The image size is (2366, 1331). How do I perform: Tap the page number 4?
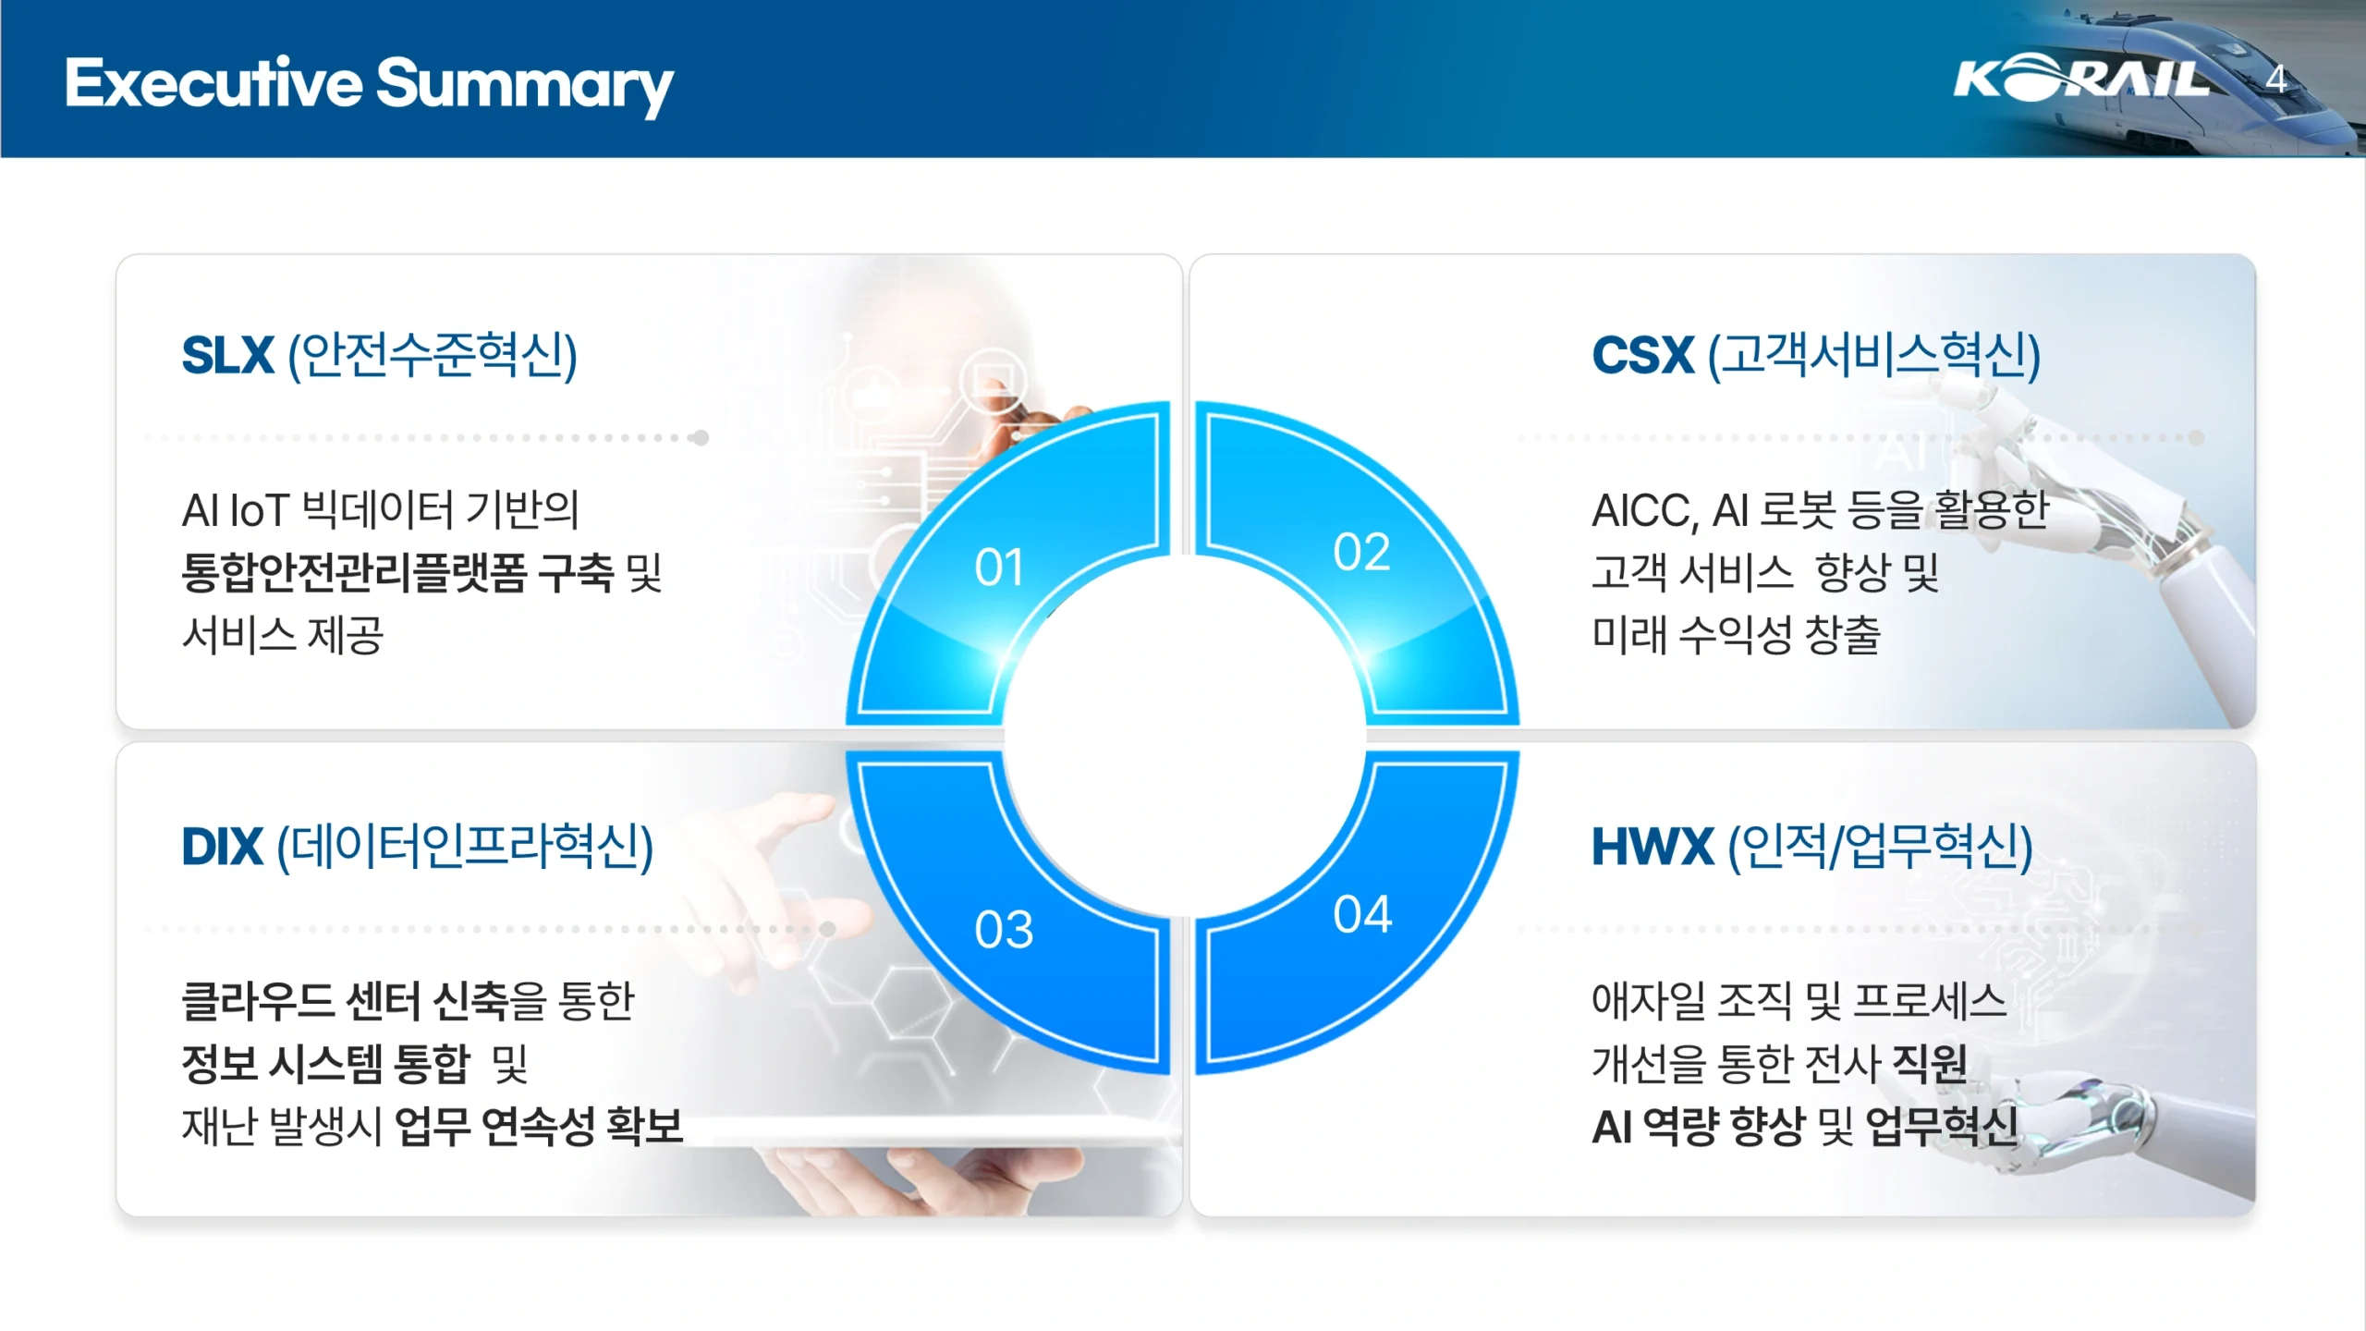[x=2275, y=79]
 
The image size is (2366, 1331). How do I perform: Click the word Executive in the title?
[x=213, y=83]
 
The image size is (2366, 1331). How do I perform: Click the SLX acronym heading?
[x=227, y=355]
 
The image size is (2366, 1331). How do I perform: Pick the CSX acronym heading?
[x=1642, y=355]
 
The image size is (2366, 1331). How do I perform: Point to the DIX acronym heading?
[x=222, y=847]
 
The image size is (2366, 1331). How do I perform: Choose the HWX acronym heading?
[x=1653, y=847]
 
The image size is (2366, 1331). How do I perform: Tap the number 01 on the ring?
[x=999, y=567]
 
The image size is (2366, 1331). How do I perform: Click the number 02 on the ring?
[x=1361, y=552]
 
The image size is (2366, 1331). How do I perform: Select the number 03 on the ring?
[x=1004, y=929]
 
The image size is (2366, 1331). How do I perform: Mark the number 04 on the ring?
[x=1362, y=914]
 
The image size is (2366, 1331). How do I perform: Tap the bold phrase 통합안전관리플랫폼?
[x=354, y=572]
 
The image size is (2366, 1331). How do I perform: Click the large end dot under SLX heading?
[x=701, y=437]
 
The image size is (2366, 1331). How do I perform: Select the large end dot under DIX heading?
[x=828, y=929]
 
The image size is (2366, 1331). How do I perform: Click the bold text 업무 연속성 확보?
[x=538, y=1126]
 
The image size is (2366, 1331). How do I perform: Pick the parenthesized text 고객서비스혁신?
[x=1873, y=355]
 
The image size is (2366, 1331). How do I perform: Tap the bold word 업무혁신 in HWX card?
[x=1942, y=1126]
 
